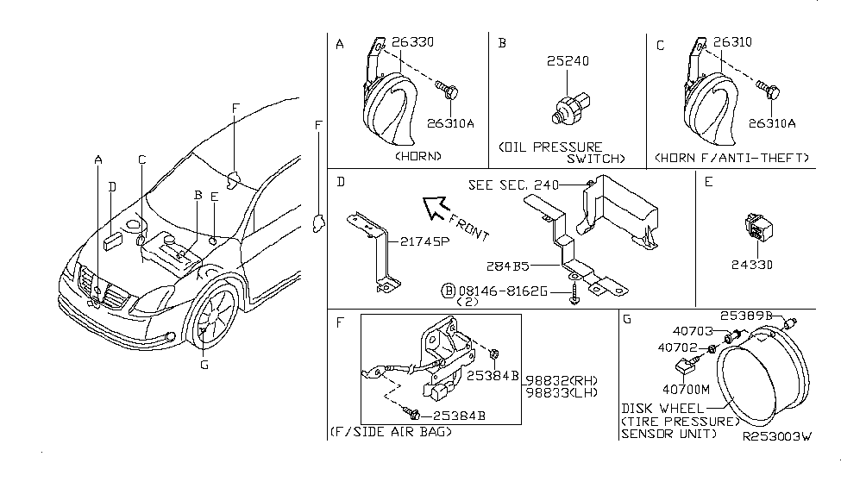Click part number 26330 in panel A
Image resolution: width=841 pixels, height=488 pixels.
[413, 41]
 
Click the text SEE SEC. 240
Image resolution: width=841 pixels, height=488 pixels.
[512, 185]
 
